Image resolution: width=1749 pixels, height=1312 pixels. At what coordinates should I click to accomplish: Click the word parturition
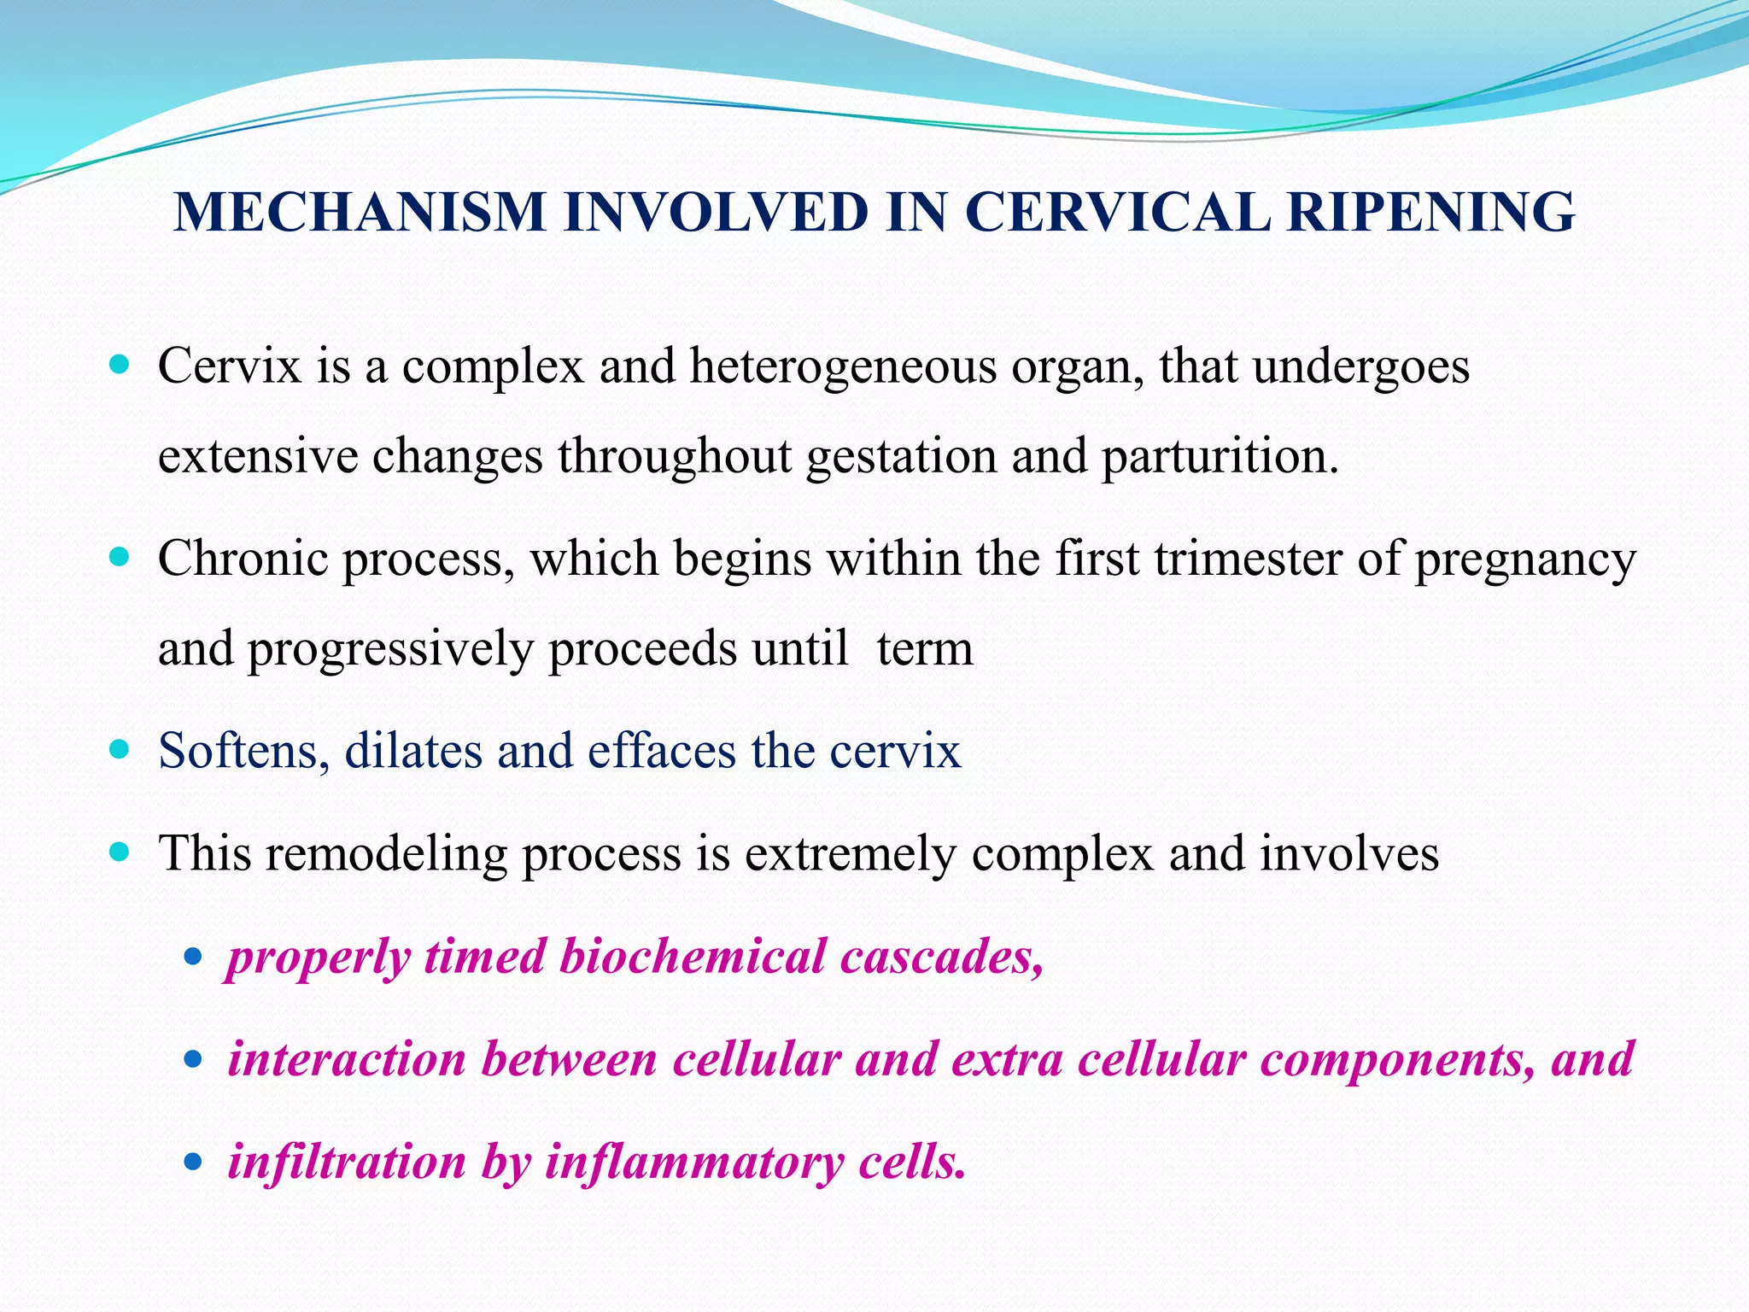[x=1219, y=457]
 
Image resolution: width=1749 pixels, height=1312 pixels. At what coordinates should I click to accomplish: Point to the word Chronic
[x=243, y=559]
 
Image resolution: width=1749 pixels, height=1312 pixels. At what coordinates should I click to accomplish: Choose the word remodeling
[x=385, y=854]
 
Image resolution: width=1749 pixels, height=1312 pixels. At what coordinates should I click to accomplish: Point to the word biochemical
[x=692, y=957]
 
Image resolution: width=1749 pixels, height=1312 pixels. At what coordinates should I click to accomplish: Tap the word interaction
[x=347, y=1059]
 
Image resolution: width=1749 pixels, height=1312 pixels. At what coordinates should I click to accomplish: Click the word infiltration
[x=347, y=1162]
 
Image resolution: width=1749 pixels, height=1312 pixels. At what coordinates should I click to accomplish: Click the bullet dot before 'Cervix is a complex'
[x=120, y=366]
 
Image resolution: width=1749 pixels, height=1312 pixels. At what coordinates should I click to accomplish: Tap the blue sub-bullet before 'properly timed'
[x=193, y=958]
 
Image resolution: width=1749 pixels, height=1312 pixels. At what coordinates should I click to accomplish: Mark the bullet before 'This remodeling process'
[x=120, y=852]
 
